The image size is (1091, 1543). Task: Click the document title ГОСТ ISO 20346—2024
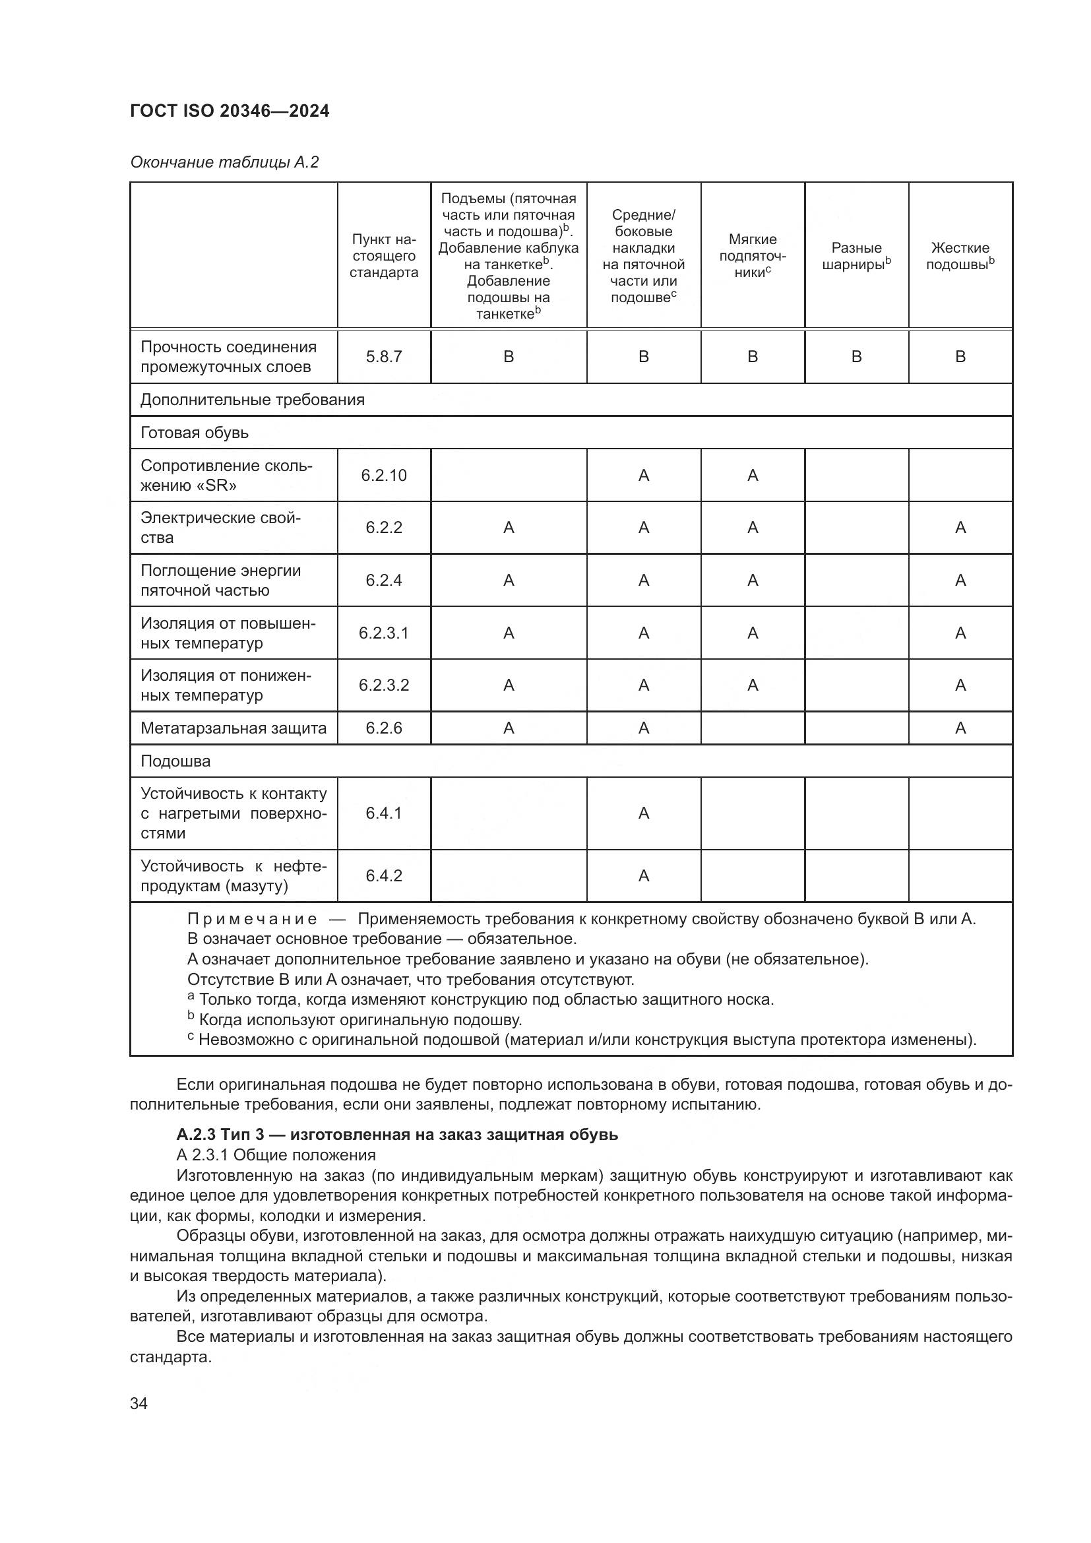[230, 111]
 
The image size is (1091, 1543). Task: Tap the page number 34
[139, 1403]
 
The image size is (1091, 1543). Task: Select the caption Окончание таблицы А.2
[224, 163]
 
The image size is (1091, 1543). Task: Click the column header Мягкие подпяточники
[753, 255]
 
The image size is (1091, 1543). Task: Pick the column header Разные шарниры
[856, 256]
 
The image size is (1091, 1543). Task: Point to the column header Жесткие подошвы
[960, 256]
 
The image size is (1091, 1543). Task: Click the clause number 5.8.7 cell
[384, 357]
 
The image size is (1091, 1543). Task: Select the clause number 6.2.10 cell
[384, 476]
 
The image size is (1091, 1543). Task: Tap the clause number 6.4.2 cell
[384, 875]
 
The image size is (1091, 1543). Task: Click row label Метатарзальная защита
[233, 728]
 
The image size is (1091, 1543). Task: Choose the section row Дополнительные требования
[252, 400]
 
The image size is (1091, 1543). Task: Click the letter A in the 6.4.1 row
[644, 814]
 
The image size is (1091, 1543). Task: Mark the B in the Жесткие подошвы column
[960, 357]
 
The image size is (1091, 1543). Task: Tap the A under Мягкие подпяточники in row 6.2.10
[753, 476]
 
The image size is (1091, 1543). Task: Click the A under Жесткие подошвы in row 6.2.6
[960, 728]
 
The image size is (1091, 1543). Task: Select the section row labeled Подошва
[175, 761]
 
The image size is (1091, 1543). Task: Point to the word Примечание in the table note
[252, 920]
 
